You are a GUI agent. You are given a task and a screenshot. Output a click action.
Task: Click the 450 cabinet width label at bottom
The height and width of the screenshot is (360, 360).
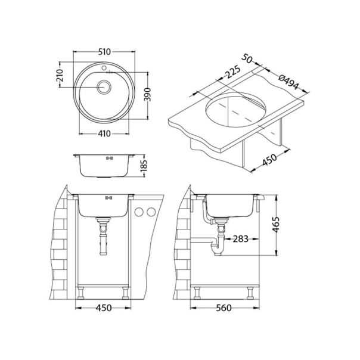coord(105,308)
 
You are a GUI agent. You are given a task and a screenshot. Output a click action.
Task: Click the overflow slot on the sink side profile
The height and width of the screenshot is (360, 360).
coord(108,159)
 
